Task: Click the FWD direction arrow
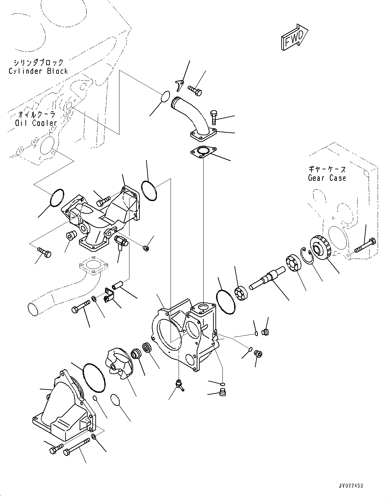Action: click(294, 37)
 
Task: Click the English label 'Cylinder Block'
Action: click(38, 71)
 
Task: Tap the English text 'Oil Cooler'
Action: click(36, 123)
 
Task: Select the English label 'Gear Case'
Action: click(327, 178)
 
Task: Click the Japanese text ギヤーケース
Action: click(327, 169)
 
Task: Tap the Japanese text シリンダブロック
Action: click(38, 62)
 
